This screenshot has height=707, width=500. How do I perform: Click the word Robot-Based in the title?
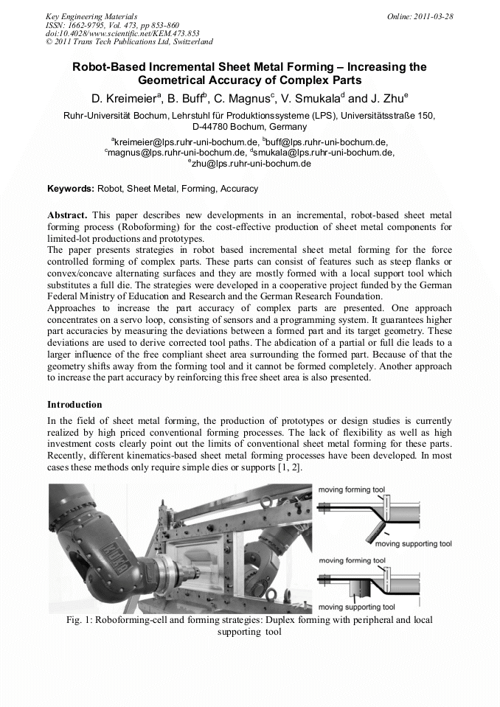tap(105, 67)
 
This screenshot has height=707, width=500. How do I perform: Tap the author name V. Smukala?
tap(309, 98)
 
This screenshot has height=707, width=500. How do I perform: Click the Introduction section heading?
tap(74, 405)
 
